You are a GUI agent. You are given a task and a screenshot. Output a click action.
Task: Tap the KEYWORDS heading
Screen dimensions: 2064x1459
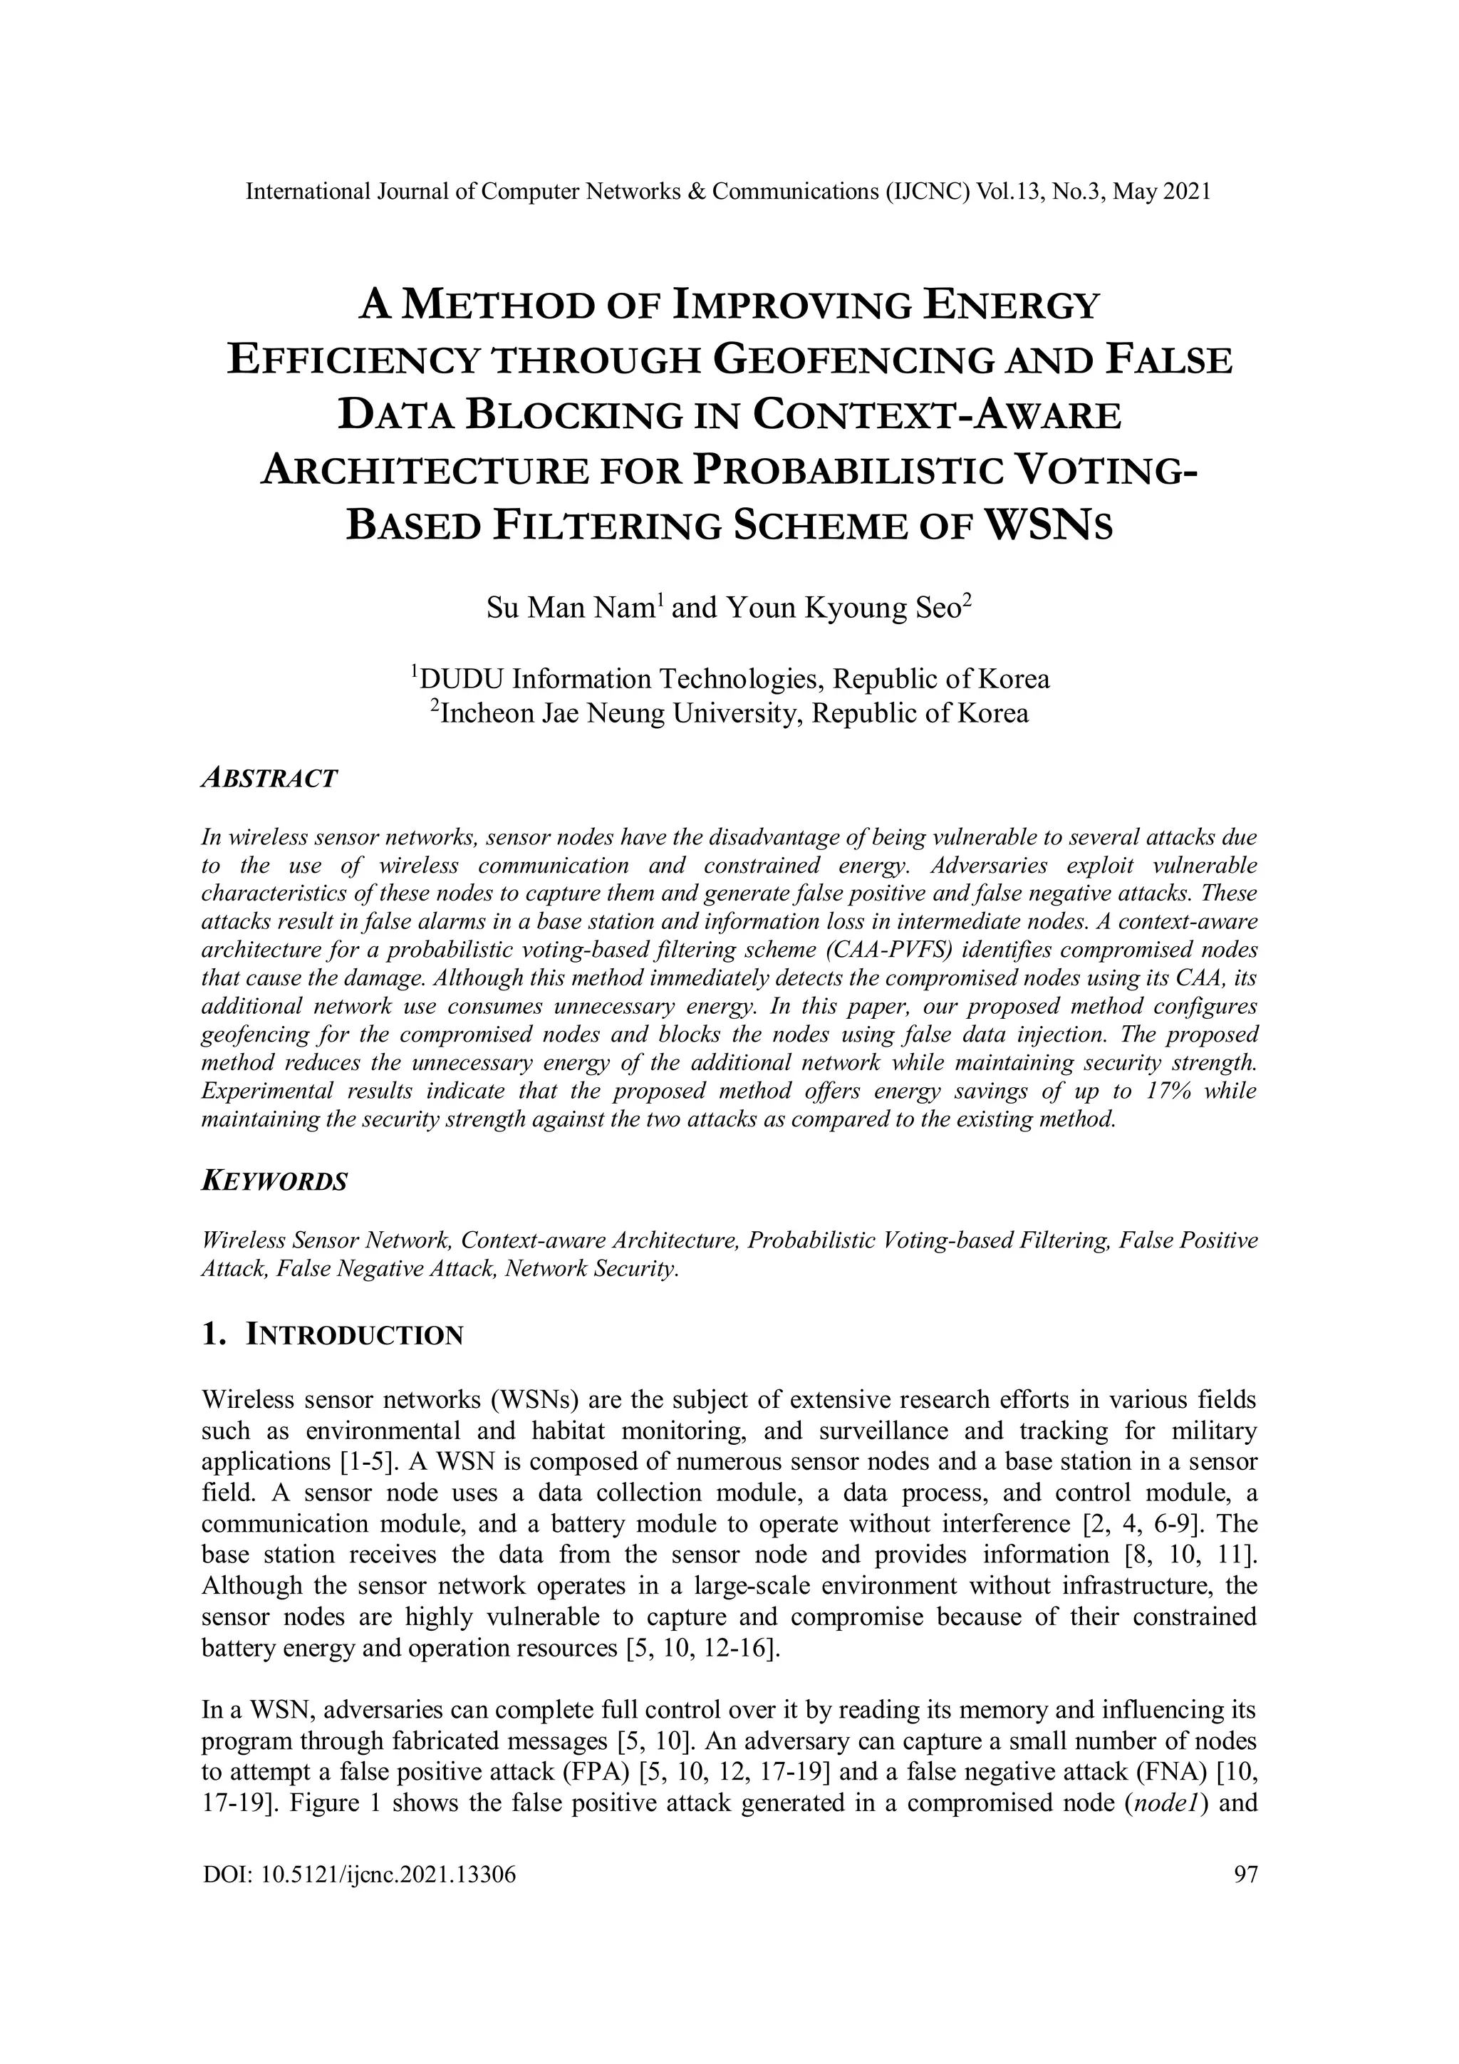coord(274,1181)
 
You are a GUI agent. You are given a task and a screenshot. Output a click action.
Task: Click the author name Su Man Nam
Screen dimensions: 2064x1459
coord(573,608)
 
